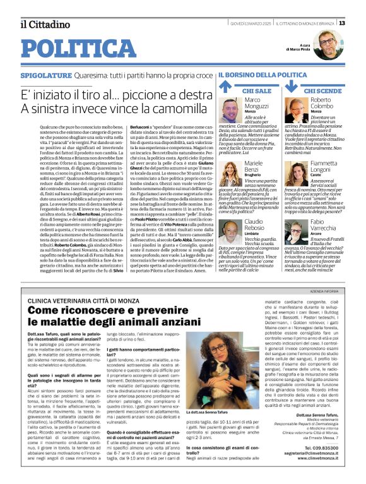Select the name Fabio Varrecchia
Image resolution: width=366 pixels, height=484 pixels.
coord(328,227)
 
